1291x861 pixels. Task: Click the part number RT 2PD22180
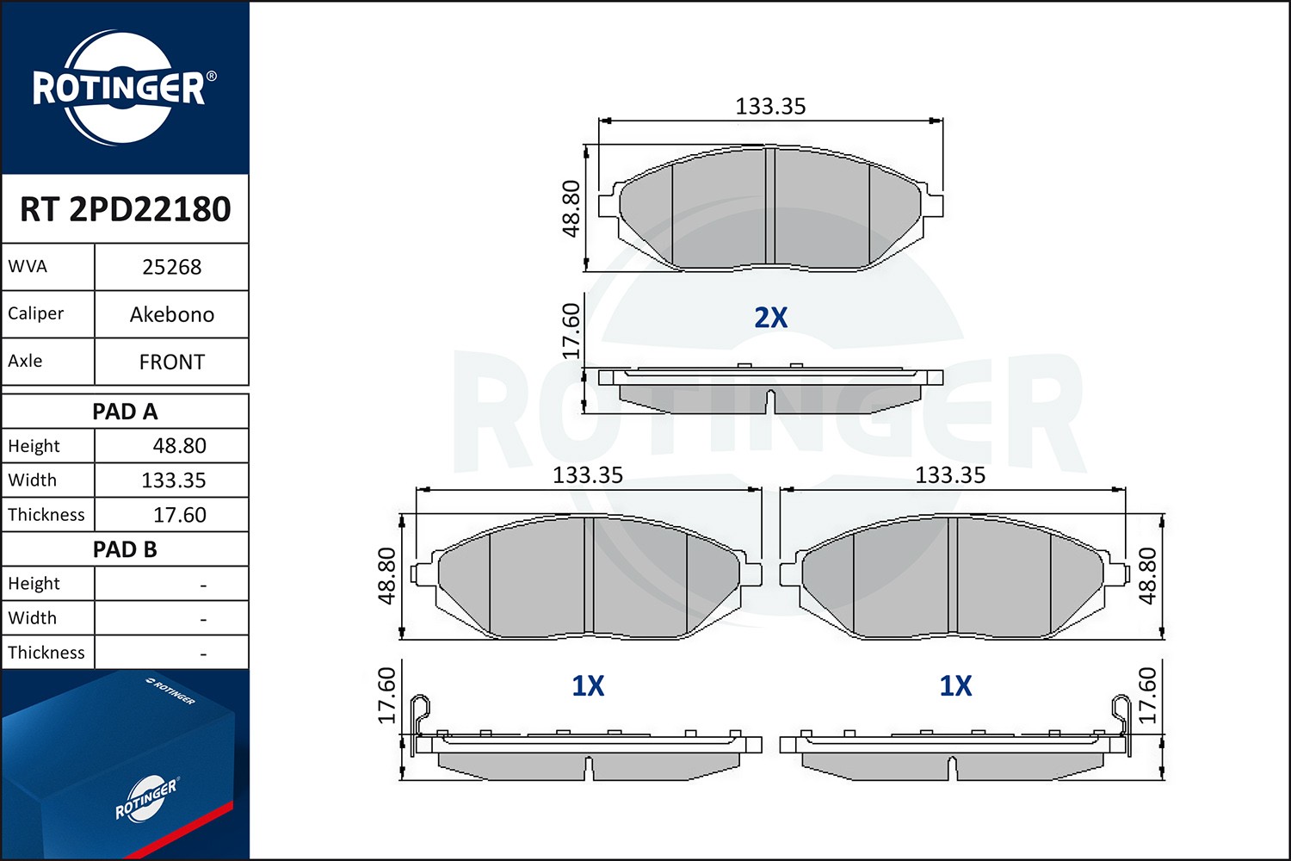pos(126,209)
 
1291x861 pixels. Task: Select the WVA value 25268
pos(171,267)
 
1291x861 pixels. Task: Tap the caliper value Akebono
pos(171,314)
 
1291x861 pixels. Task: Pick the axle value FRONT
pos(171,362)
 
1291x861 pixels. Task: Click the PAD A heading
pos(125,412)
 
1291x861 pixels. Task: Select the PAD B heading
pos(125,549)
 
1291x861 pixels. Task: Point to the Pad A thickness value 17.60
pos(179,515)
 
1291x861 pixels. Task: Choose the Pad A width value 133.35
pos(173,480)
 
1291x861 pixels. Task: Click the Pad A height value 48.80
pos(179,446)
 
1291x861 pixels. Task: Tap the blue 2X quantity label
pos(770,318)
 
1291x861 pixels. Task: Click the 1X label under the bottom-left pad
pos(588,686)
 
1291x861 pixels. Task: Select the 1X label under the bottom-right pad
pos(955,686)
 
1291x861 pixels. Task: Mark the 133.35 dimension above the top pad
pos(770,107)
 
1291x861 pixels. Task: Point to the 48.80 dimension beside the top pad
pos(571,208)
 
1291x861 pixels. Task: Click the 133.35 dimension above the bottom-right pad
pos(950,475)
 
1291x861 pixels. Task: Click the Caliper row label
pos(36,313)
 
